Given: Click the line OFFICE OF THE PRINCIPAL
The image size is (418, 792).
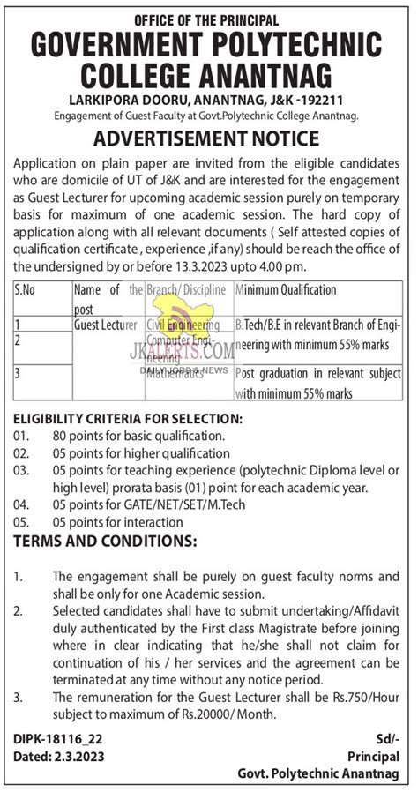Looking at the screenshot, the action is click(206, 19).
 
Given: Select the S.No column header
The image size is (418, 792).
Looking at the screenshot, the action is click(26, 289).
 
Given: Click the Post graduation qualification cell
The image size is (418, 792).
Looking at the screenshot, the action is click(317, 382).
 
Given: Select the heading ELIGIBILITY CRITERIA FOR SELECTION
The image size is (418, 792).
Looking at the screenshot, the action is click(128, 417).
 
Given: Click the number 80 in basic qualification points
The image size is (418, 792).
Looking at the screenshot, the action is click(60, 436).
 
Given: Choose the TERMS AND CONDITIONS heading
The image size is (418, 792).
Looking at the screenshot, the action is click(105, 539).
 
